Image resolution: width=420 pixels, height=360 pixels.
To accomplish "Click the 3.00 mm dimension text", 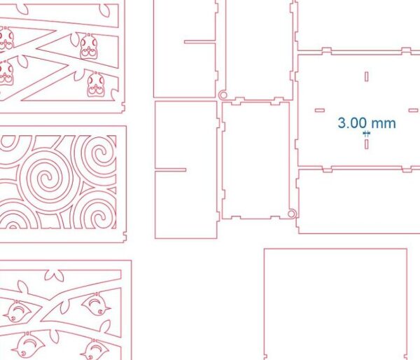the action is coord(367,123).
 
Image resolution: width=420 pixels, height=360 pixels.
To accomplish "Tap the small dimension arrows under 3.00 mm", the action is coord(366,134).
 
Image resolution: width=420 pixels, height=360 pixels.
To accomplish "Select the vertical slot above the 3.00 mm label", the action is coord(366,76).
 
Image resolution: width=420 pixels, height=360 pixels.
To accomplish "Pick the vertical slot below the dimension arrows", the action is coord(366,144).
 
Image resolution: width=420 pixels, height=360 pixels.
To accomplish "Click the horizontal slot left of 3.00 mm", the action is coord(320,110).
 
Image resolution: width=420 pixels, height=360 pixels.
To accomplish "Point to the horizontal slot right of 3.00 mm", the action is coord(413,110).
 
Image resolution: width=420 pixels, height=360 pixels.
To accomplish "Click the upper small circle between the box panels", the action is coord(223,95).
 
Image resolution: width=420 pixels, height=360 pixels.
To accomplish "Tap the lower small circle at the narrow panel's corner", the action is coord(292,214).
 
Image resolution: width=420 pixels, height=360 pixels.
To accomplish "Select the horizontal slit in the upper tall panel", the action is coord(199,41).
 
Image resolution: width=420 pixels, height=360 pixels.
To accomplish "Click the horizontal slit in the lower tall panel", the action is coord(171,169).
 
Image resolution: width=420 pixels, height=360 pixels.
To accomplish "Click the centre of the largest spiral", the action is coord(45,178).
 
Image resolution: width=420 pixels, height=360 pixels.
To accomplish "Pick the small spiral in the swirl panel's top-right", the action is coord(100,154).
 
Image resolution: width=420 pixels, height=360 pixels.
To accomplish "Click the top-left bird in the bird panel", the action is coord(20,311).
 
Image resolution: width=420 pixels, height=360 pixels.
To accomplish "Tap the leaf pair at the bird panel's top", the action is coord(55,275).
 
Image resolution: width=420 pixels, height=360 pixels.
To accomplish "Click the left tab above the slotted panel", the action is coord(327,50).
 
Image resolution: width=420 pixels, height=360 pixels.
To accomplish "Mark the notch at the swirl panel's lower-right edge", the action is coord(125,237).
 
